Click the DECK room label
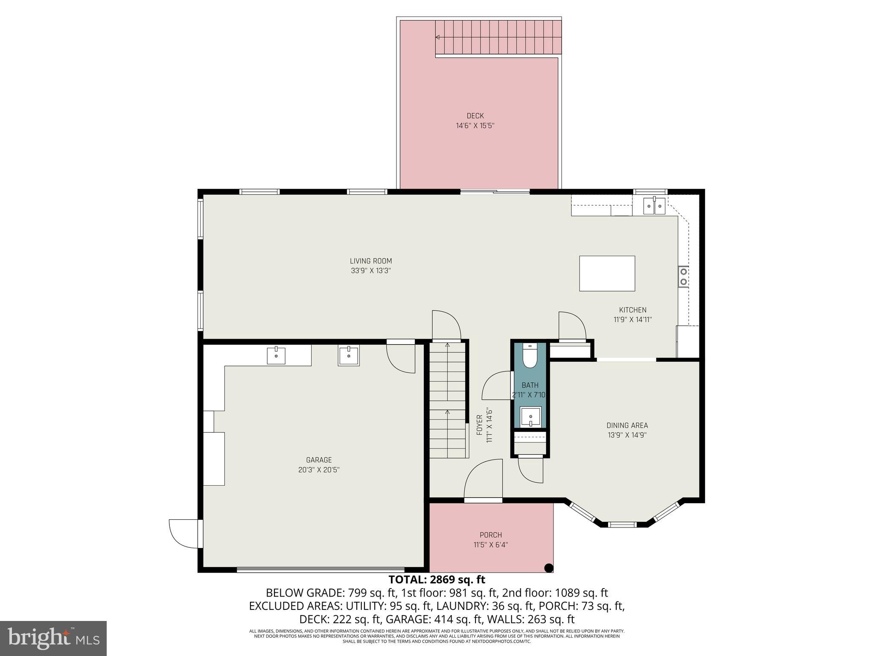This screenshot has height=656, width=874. click(x=475, y=116)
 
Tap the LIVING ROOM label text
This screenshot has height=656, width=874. click(x=370, y=261)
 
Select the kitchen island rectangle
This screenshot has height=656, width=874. click(x=607, y=273)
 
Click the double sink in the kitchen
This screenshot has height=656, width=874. click(x=654, y=205)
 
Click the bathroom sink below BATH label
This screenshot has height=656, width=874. click(x=530, y=416)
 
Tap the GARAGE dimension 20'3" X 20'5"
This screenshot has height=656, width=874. click(x=319, y=470)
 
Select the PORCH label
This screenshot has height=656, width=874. click(x=490, y=535)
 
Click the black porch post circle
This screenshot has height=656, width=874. click(x=549, y=568)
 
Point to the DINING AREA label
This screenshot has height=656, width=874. click(x=627, y=425)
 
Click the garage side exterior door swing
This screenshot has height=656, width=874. click(x=184, y=533)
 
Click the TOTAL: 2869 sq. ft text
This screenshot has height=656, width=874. click(x=437, y=580)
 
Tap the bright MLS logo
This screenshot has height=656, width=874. click(x=53, y=638)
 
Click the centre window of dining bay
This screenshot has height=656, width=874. click(x=621, y=524)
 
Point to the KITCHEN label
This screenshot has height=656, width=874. click(x=632, y=310)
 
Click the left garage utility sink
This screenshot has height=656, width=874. click(x=276, y=355)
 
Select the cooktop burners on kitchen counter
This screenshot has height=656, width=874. click(x=683, y=276)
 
